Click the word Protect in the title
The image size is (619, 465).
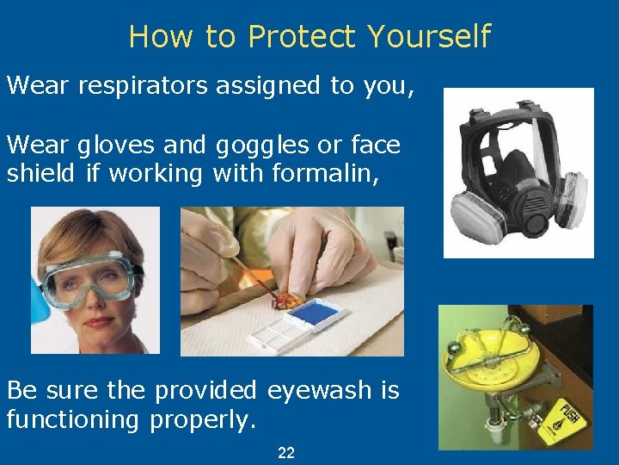[301, 37]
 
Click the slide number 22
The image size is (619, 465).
[286, 452]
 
